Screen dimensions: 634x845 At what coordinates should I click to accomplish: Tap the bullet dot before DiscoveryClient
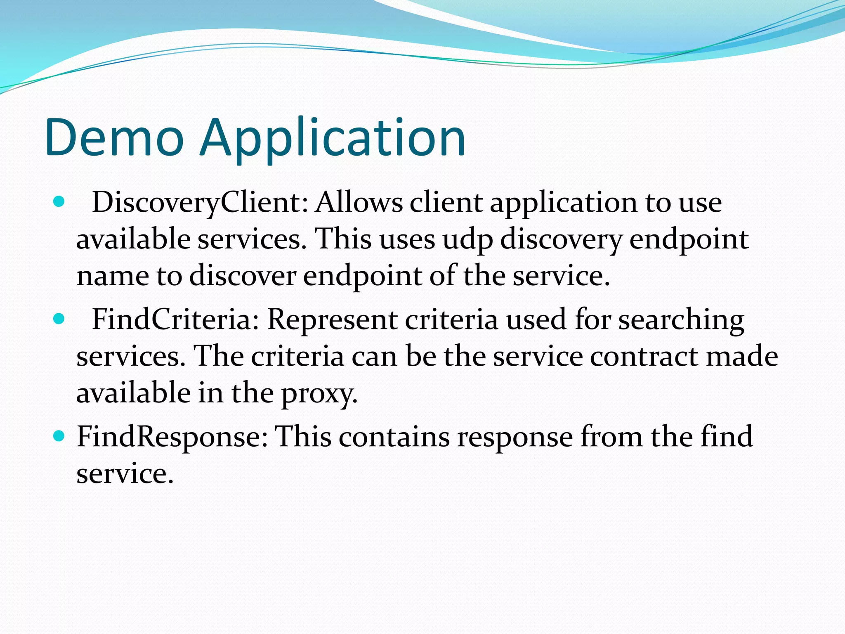(x=59, y=202)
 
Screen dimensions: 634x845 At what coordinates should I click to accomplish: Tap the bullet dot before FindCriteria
(x=59, y=319)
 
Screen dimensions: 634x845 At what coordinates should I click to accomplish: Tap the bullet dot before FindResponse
(x=59, y=435)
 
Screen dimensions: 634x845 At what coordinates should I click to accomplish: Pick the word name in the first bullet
(x=113, y=276)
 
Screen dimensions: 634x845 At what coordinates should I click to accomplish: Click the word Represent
(x=332, y=320)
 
